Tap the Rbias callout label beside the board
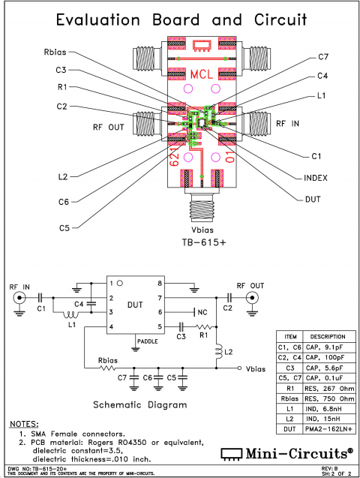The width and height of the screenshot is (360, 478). tap(58, 53)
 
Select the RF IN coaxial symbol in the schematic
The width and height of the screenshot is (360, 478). tap(17, 299)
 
